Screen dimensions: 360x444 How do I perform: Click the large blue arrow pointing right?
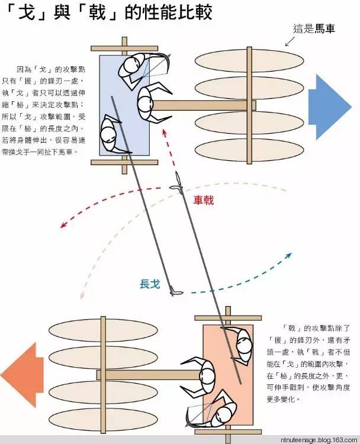click(x=329, y=107)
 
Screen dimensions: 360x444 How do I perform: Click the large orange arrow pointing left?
click(x=22, y=375)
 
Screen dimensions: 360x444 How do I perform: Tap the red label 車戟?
click(x=203, y=201)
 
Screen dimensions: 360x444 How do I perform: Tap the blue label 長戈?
click(x=150, y=284)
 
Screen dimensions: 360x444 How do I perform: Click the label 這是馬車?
click(x=314, y=28)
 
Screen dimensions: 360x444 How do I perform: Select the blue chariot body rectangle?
click(x=124, y=105)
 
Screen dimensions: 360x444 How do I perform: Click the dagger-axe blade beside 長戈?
click(x=176, y=292)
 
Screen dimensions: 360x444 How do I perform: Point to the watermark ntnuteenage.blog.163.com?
click(x=319, y=440)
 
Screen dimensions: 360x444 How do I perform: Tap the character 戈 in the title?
click(x=26, y=12)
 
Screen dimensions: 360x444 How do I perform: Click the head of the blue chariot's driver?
click(x=145, y=104)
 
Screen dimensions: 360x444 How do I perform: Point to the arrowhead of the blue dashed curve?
click(x=289, y=255)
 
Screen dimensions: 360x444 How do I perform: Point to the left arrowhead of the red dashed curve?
click(x=63, y=225)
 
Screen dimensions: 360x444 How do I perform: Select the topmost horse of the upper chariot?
click(x=249, y=60)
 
